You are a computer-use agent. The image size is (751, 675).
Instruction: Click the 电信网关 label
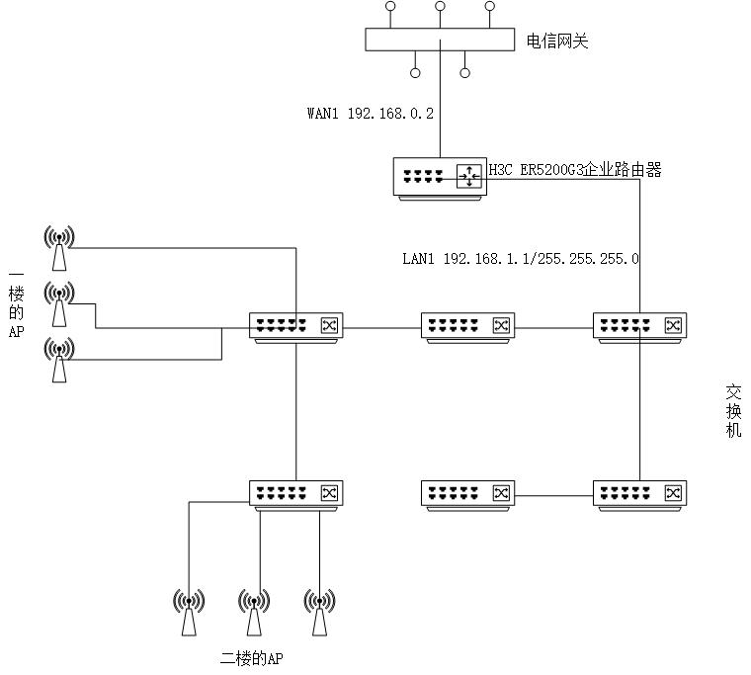557,42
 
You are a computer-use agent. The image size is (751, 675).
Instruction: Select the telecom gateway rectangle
440,40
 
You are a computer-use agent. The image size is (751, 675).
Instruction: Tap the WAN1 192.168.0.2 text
370,114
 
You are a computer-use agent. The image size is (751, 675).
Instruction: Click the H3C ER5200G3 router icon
441,177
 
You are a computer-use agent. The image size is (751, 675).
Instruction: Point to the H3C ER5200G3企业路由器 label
575,171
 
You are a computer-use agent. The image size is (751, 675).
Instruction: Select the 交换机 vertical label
732,410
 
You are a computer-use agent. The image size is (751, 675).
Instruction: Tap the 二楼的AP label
257,658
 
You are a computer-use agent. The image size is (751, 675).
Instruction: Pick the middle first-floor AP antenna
59,303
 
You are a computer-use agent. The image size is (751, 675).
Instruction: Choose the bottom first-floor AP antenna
59,359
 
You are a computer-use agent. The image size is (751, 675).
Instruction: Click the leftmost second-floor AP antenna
189,613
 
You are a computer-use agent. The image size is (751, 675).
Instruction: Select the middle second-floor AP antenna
254,613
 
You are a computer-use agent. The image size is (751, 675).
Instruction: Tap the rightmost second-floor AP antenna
318,613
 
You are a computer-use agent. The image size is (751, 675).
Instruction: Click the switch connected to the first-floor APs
295,326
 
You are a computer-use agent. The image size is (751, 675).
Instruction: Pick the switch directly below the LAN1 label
468,326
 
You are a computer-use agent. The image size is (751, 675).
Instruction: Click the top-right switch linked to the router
640,326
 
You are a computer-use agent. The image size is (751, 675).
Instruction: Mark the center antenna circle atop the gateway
440,7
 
